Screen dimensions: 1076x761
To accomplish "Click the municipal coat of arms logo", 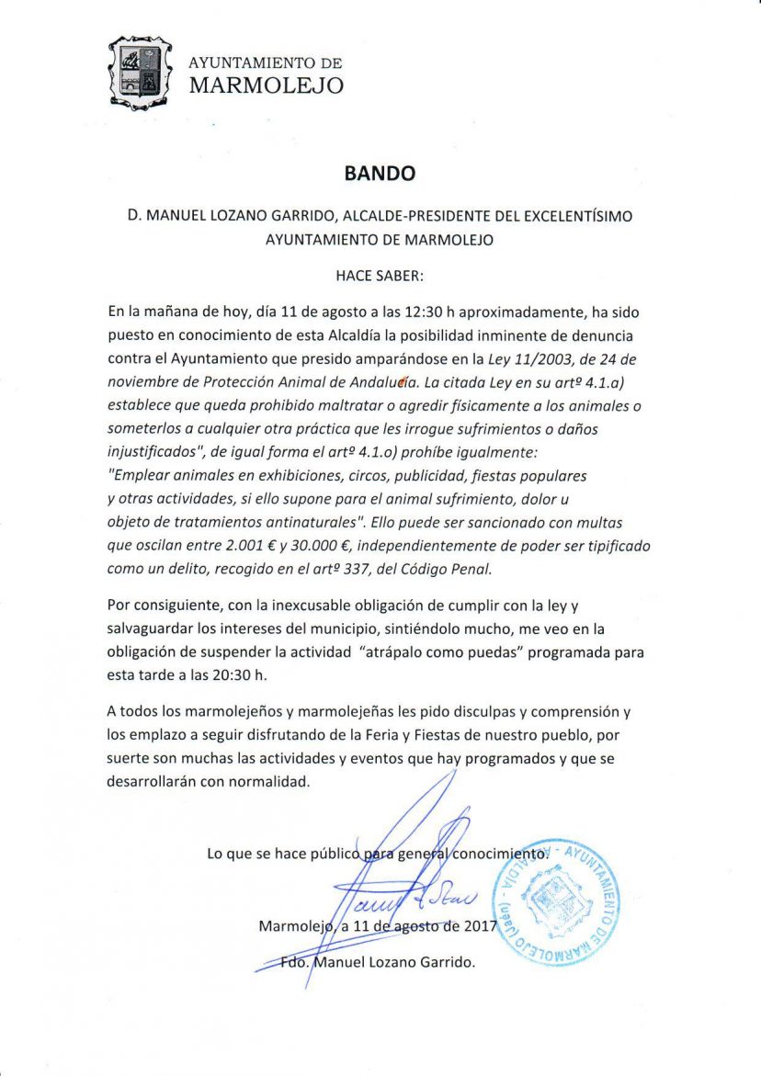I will coord(140,70).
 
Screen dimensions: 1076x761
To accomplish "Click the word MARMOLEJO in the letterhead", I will coord(267,86).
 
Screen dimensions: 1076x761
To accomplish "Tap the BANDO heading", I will coord(380,173).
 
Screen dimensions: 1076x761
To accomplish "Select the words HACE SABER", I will coord(380,274).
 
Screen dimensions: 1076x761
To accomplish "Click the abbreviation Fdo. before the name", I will coord(296,963).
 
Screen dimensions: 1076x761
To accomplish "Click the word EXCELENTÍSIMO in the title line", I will coord(564,216).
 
